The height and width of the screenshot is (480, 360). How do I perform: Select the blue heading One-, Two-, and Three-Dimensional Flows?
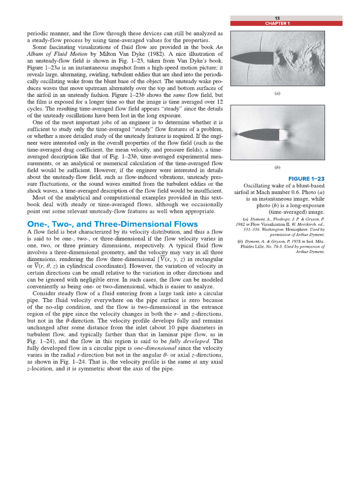point(112,224)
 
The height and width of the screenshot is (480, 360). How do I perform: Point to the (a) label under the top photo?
point(277,94)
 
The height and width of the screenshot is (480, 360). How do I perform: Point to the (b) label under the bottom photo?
point(277,167)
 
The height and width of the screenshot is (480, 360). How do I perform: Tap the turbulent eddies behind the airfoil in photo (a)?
point(300,54)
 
